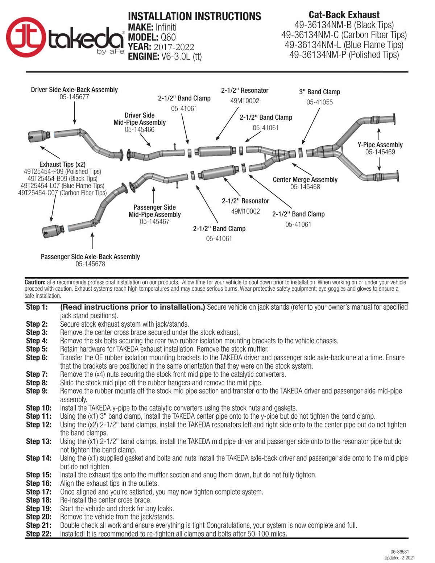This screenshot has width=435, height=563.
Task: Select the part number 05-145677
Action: tap(74, 97)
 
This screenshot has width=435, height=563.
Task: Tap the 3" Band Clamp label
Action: tap(319, 92)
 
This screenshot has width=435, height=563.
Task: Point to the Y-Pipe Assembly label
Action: tap(380, 145)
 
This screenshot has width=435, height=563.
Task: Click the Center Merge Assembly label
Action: tap(305, 179)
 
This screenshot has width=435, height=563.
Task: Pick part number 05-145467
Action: tap(154, 222)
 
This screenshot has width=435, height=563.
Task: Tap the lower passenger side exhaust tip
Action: tap(53, 231)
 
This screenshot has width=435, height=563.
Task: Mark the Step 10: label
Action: tap(38, 408)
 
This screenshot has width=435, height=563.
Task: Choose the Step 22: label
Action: tap(38, 534)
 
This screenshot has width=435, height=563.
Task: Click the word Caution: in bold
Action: tap(35, 282)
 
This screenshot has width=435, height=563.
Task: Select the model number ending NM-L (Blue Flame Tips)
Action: tap(344, 45)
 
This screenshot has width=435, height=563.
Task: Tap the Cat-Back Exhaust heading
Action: tap(344, 15)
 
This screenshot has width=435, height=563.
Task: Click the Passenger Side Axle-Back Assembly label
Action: tap(90, 257)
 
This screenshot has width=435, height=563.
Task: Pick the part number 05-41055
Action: tap(319, 102)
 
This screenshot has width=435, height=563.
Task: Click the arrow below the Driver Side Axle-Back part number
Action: tap(75, 113)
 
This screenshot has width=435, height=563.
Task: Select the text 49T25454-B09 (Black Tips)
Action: tap(62, 178)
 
